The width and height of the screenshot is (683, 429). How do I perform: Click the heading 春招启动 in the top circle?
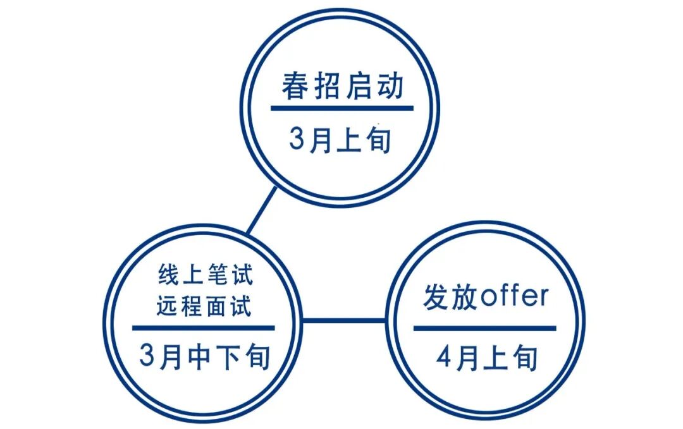[342, 87]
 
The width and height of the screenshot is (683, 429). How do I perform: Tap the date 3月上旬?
[341, 140]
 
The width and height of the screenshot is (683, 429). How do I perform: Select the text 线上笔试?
[204, 276]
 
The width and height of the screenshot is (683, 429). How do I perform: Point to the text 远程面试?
[204, 306]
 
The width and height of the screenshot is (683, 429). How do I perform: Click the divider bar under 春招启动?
[342, 109]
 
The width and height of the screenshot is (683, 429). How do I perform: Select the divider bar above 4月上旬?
[485, 328]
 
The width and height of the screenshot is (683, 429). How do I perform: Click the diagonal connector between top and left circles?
[262, 210]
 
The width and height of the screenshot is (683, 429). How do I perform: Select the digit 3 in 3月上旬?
[297, 140]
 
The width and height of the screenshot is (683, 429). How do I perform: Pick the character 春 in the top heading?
[295, 87]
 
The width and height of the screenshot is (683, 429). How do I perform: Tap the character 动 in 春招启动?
[389, 87]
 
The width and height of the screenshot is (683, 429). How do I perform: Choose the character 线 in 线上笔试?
[166, 276]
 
